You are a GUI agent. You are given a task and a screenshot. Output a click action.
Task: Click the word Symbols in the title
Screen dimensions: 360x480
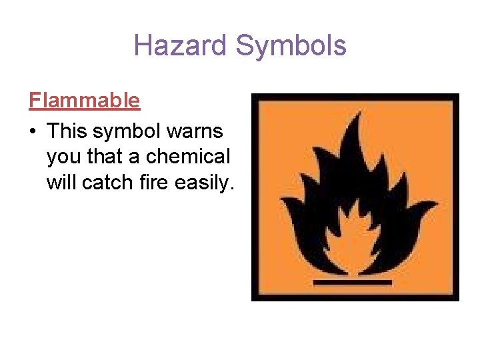(x=291, y=45)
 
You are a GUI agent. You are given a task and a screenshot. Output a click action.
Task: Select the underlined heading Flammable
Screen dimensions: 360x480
(x=85, y=101)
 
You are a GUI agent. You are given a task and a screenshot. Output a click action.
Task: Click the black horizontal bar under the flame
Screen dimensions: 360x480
(x=353, y=283)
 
